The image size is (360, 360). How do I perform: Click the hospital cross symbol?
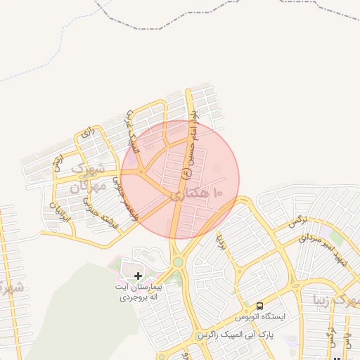point(138,275)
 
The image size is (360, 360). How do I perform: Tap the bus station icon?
point(260,306)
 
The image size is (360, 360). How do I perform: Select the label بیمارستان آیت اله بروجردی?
point(139,292)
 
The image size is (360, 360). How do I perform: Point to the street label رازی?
point(88,131)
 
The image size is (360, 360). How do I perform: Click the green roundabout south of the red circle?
point(178,262)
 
